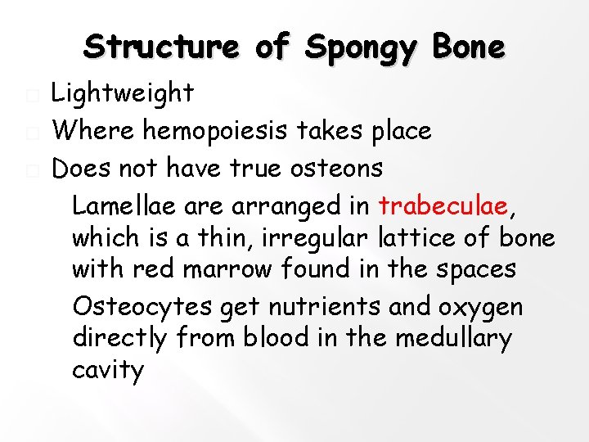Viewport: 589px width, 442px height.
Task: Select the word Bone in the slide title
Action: [x=470, y=47]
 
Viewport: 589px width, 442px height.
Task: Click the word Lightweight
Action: [x=123, y=93]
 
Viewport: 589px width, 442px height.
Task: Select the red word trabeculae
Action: [x=445, y=205]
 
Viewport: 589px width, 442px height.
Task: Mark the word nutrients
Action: [x=308, y=306]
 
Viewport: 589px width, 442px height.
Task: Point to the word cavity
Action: [x=107, y=371]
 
